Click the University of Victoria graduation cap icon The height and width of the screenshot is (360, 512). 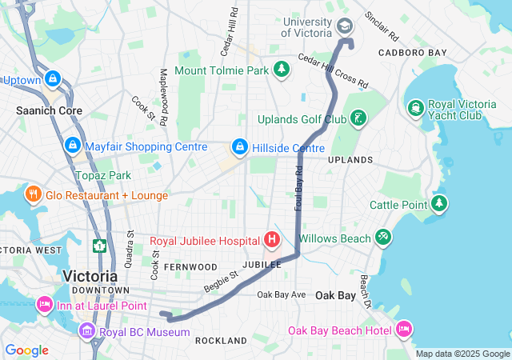(x=345, y=26)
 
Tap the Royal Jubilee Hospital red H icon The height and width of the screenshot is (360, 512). (x=272, y=239)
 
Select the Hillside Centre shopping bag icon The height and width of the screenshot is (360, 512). (x=238, y=147)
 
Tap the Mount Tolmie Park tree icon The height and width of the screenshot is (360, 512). (x=281, y=70)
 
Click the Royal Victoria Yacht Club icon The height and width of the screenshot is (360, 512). (x=415, y=107)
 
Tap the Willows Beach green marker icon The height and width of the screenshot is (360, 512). (x=383, y=238)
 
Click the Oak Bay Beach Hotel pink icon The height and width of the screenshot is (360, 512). (x=404, y=330)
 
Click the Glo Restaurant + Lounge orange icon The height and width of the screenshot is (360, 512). (x=33, y=194)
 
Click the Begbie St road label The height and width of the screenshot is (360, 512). (x=221, y=280)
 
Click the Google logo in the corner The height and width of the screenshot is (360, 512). (x=27, y=350)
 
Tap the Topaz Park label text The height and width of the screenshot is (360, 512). (x=102, y=175)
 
